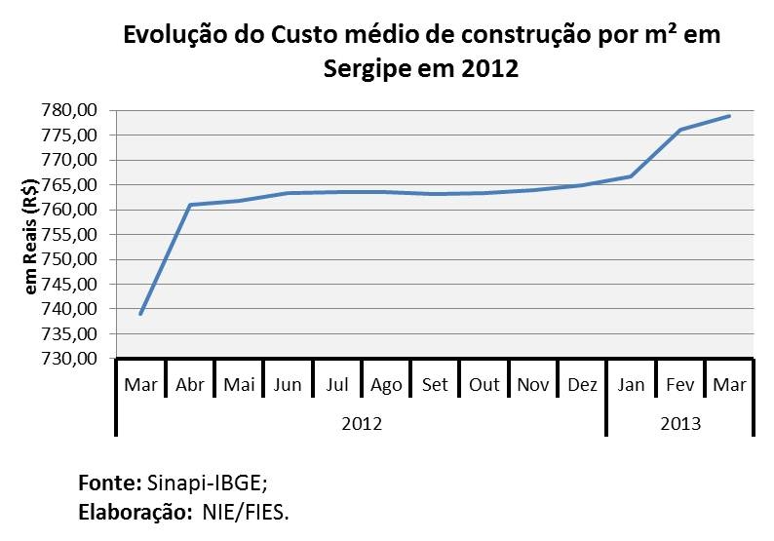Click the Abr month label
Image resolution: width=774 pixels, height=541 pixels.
(x=190, y=384)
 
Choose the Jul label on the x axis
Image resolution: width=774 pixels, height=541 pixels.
(x=337, y=384)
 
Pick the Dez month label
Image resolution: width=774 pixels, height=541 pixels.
(x=582, y=384)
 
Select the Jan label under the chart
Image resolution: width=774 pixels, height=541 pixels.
(x=631, y=384)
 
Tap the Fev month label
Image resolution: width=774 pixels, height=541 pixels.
(x=680, y=384)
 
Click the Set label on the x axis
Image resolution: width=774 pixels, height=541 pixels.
(x=435, y=384)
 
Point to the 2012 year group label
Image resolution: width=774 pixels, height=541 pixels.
(x=361, y=424)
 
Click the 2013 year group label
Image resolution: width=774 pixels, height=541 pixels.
(x=680, y=424)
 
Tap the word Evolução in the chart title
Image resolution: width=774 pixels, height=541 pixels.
(x=180, y=38)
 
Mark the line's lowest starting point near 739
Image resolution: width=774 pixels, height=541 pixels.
(x=141, y=314)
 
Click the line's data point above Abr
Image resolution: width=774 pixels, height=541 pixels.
(x=190, y=205)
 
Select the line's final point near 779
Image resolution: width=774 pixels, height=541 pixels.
(x=729, y=116)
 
